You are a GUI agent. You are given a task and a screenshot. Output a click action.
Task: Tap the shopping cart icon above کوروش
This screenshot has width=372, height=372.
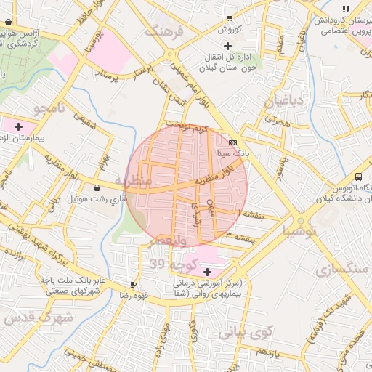[x=230, y=18]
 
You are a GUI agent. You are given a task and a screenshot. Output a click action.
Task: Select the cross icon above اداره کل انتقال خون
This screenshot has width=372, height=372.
[x=229, y=46]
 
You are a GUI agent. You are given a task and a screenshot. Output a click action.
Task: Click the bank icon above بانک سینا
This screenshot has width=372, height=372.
[x=232, y=142]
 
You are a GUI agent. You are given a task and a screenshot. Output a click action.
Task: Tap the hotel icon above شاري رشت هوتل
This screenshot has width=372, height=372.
[x=97, y=187]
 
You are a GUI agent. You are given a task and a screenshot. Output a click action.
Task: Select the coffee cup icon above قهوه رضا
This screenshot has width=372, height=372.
[x=133, y=283]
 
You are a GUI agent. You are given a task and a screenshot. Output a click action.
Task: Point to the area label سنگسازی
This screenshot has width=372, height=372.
[x=341, y=268]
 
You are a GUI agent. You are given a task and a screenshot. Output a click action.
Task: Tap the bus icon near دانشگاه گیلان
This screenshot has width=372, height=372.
[x=358, y=177]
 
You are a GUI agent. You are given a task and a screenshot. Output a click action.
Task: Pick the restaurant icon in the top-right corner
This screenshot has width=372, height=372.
[x=346, y=8]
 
